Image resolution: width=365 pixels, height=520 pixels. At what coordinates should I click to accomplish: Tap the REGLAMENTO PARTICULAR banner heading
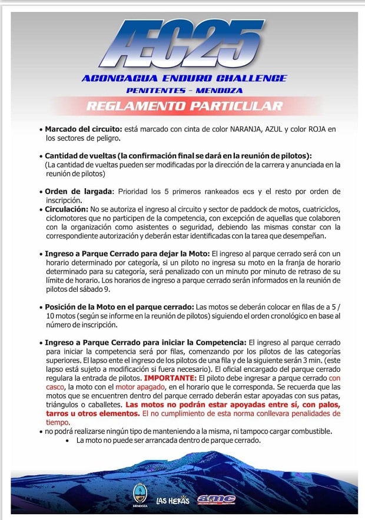pyautogui.click(x=184, y=106)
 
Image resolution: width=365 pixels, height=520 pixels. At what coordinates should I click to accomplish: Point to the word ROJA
pyautogui.click(x=321, y=129)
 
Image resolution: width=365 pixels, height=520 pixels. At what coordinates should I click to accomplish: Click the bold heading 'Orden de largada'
pyautogui.click(x=79, y=191)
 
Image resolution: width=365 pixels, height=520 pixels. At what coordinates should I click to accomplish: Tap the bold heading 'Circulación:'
pyautogui.click(x=67, y=209)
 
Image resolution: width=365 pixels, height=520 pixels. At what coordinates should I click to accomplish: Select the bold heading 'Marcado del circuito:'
pyautogui.click(x=84, y=129)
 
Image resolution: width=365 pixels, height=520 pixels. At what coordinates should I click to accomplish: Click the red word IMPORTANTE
pyautogui.click(x=170, y=378)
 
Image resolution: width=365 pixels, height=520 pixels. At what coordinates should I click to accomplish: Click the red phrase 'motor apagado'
pyautogui.click(x=139, y=388)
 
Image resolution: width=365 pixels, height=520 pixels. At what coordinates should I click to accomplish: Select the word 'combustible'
pyautogui.click(x=308, y=431)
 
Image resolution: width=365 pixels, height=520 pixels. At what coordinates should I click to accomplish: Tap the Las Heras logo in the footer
pyautogui.click(x=172, y=501)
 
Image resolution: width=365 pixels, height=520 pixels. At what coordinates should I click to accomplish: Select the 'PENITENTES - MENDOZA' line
pyautogui.click(x=184, y=91)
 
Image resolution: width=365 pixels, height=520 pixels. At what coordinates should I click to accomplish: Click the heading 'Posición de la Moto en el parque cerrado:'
pyautogui.click(x=120, y=307)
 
